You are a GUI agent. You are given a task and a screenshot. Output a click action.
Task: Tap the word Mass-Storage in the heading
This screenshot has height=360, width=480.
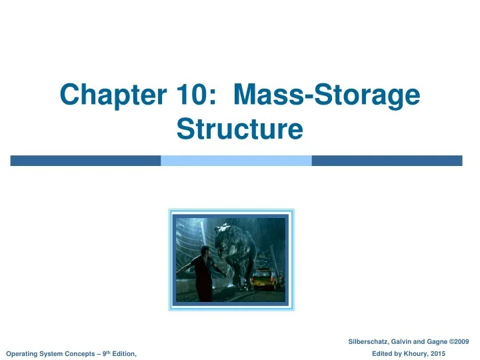327,96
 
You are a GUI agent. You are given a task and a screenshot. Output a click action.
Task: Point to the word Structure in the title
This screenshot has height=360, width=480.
240,129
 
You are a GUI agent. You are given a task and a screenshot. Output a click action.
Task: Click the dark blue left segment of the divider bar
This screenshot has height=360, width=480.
85,161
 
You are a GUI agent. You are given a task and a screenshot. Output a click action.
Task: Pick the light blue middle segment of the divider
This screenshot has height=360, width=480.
236,161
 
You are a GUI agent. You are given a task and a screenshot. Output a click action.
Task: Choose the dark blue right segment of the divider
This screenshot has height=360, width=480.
387,161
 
